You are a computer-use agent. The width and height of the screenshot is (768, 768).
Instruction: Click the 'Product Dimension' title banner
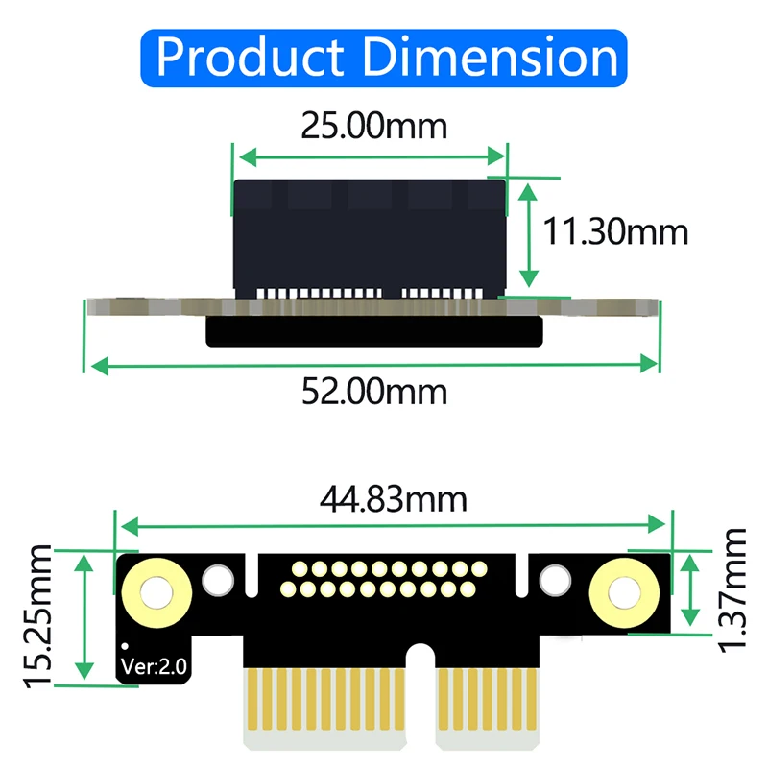[384, 58]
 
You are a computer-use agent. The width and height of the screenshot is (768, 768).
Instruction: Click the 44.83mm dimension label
[394, 499]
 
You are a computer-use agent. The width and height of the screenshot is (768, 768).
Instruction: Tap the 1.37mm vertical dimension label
[735, 588]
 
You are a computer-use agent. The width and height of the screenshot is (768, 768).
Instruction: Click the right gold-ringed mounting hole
[617, 593]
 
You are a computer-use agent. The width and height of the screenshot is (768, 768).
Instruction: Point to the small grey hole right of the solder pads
[553, 580]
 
